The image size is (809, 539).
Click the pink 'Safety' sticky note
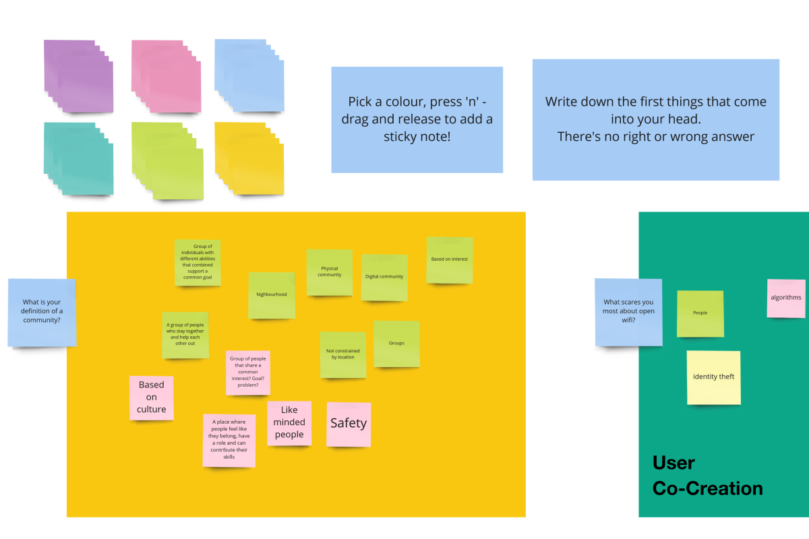(349, 424)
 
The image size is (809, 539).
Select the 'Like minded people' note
(289, 422)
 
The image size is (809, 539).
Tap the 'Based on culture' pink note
(151, 398)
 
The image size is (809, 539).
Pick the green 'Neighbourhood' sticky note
(272, 294)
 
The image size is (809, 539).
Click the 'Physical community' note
(330, 272)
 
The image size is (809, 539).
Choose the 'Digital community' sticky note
(384, 277)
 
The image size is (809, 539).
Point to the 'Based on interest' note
(450, 259)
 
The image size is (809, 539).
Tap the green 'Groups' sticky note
(396, 344)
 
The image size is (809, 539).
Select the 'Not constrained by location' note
(343, 354)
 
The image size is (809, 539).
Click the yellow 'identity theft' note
(713, 377)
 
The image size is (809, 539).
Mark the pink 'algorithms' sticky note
(786, 298)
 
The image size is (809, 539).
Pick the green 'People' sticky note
(700, 313)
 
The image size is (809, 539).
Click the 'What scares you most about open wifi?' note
(628, 312)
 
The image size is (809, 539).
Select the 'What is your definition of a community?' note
(42, 312)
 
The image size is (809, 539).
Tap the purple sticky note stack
(78, 75)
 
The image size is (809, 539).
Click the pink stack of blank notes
(166, 75)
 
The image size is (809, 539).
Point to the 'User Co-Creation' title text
(707, 476)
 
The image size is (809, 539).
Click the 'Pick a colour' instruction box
(417, 119)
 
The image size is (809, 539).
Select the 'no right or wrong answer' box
(655, 119)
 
